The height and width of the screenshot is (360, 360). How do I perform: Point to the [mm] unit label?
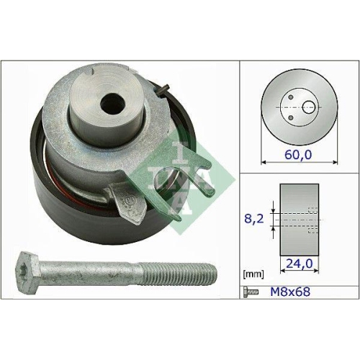tap(254, 275)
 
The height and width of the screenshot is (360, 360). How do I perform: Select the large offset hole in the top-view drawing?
tap(309, 107)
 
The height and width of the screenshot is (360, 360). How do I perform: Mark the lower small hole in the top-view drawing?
tap(289, 114)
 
